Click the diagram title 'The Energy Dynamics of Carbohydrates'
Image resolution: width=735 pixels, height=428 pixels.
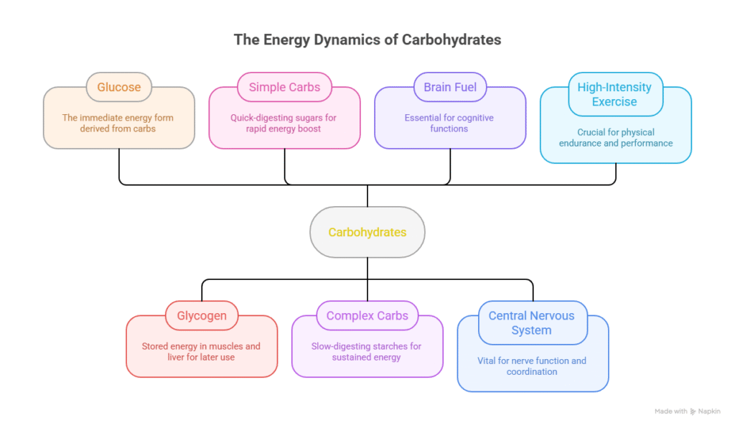click(x=367, y=39)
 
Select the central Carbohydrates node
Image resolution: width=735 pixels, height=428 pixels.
click(x=367, y=232)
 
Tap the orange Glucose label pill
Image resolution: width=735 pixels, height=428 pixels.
click(x=119, y=87)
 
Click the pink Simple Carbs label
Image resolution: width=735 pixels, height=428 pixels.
click(x=284, y=87)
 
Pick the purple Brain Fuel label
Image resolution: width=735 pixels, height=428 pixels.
click(x=450, y=87)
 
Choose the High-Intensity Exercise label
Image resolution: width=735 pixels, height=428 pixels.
click(x=614, y=94)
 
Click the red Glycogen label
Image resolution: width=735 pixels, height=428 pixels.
click(x=202, y=315)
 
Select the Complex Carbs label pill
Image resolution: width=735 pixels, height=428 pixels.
click(x=367, y=315)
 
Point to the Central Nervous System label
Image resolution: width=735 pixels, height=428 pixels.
click(x=532, y=323)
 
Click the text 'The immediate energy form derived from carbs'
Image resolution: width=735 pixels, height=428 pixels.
click(x=118, y=123)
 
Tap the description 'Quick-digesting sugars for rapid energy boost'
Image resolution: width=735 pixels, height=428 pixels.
click(x=284, y=123)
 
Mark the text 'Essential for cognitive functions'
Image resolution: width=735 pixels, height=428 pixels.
click(x=450, y=123)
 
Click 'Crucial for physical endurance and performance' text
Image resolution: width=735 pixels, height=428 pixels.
click(x=616, y=137)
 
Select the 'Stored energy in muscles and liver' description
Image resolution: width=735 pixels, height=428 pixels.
click(x=201, y=351)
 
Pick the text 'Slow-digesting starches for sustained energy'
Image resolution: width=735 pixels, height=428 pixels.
click(x=366, y=351)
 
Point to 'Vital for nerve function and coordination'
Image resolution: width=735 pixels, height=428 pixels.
click(x=532, y=366)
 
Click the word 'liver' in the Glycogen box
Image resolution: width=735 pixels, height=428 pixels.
click(x=179, y=357)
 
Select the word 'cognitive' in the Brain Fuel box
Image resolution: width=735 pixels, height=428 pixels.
click(x=471, y=117)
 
